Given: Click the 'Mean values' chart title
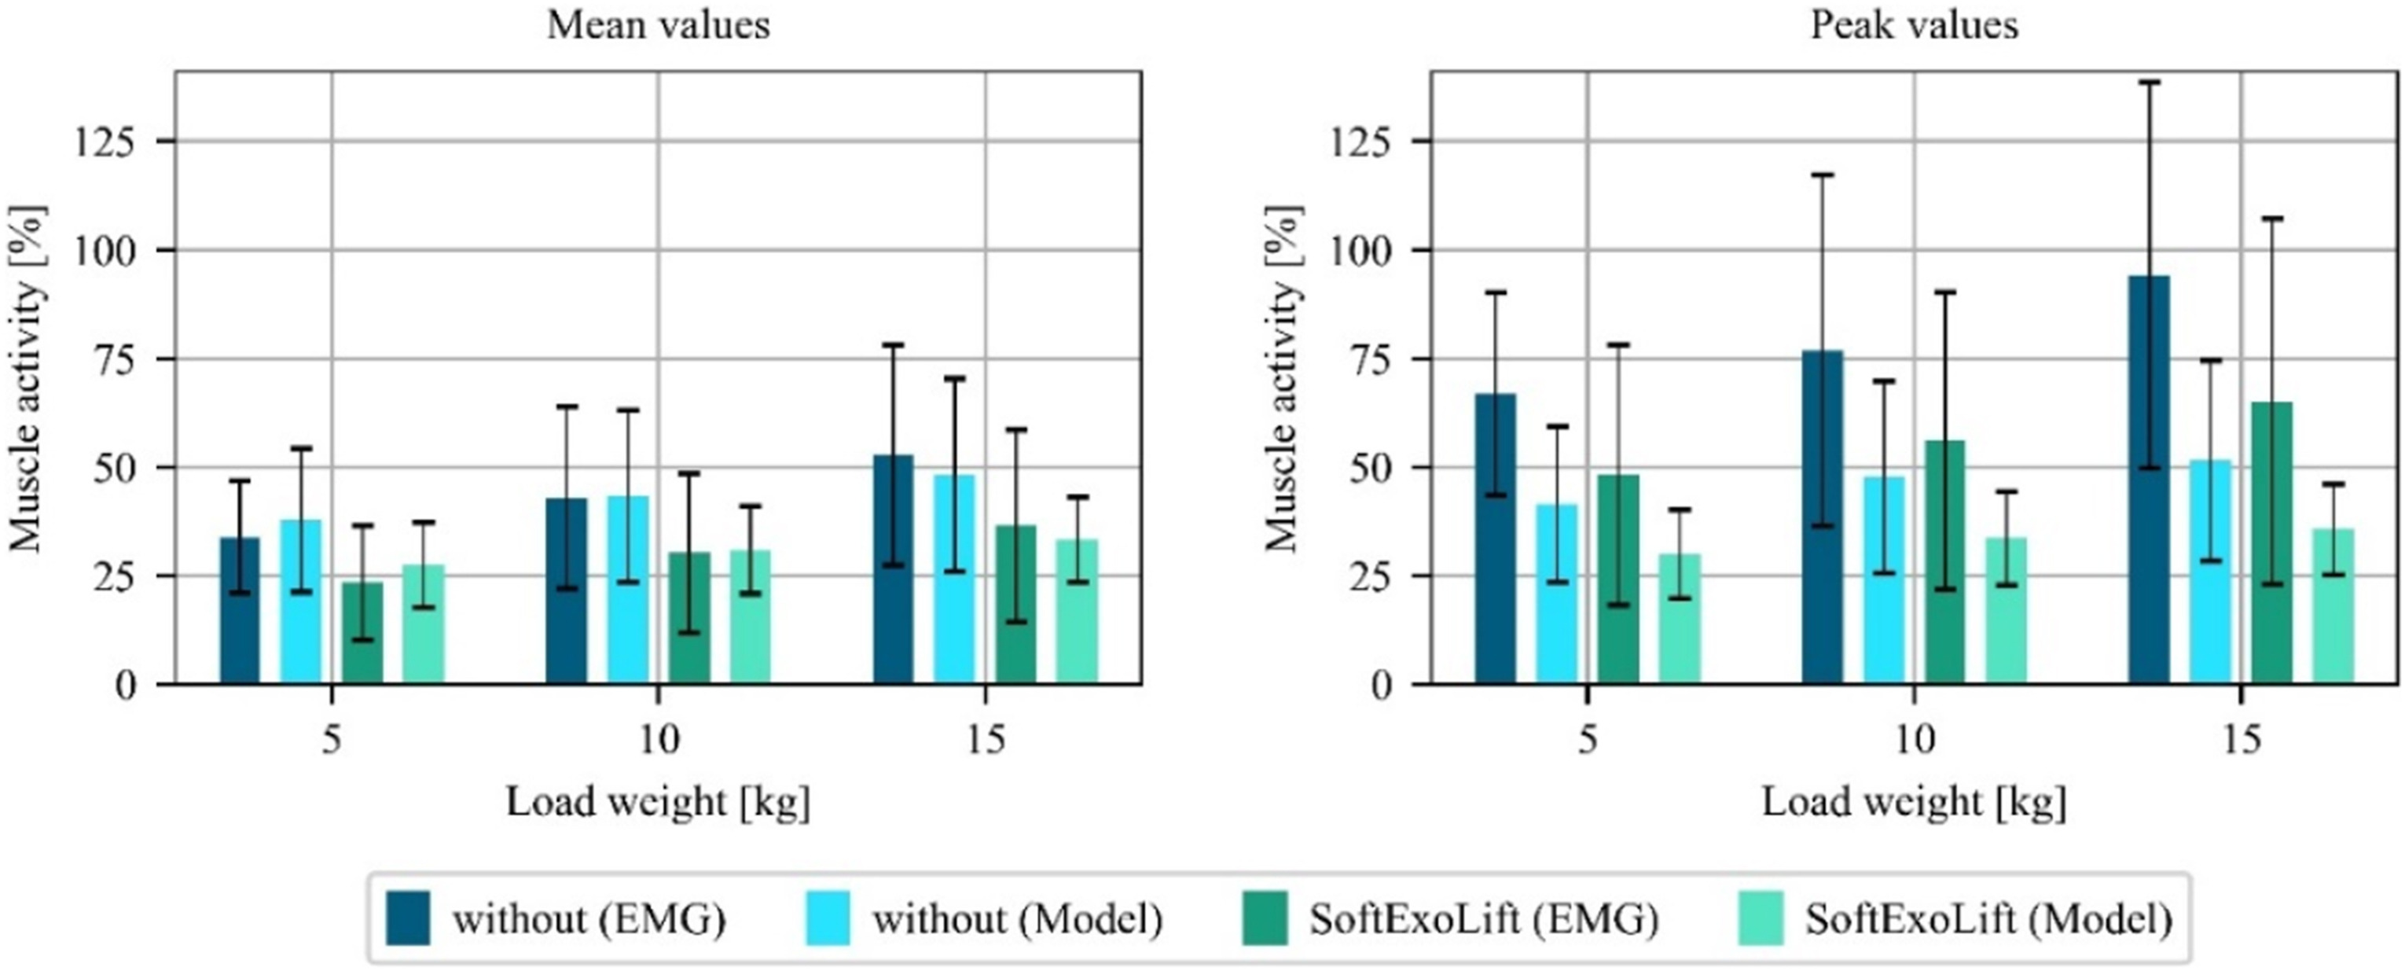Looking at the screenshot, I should [658, 25].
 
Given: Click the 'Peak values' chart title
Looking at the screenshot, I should [1914, 25].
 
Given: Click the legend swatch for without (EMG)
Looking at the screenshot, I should [408, 918].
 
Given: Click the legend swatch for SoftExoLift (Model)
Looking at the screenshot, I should [1761, 918].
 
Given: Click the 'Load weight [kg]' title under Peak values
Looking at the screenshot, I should [1914, 802].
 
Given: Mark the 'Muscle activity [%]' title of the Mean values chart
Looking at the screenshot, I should [26, 378].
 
